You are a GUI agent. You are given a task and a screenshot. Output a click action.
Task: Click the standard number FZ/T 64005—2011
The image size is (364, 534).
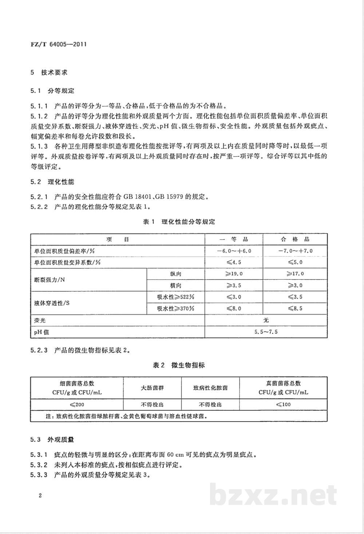click(59, 45)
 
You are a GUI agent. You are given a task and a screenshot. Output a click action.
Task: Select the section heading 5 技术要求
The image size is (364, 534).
click(49, 72)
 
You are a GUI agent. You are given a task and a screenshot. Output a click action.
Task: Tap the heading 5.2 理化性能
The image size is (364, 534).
click(52, 182)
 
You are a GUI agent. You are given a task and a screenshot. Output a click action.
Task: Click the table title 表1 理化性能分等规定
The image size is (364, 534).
click(179, 222)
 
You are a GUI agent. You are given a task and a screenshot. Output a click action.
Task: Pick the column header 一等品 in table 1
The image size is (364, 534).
click(234, 239)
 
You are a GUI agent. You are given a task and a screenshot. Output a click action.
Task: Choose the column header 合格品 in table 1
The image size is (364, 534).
click(295, 239)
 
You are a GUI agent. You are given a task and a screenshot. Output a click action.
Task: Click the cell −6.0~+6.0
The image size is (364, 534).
click(234, 251)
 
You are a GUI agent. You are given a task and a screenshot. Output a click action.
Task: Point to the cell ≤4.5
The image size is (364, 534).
click(234, 262)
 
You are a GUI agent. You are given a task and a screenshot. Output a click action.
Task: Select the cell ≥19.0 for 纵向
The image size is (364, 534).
click(234, 274)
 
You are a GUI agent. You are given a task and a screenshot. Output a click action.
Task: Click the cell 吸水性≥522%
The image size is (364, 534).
click(175, 297)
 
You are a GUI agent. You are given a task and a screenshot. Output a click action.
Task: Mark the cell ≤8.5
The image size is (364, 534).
click(295, 308)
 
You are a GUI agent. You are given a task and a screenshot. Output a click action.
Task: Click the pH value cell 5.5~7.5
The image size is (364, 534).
click(266, 332)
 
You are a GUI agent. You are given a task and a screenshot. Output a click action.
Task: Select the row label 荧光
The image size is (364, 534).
click(40, 320)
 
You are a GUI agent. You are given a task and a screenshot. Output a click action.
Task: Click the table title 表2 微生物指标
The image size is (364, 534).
click(179, 365)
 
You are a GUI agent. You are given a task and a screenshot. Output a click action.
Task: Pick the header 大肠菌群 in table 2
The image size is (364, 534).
click(152, 388)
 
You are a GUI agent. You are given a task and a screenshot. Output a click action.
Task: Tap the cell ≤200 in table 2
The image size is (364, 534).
click(77, 404)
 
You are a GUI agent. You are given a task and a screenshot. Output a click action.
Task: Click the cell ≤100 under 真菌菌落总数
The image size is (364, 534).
click(283, 404)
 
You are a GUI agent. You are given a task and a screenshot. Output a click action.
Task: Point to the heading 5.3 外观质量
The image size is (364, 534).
click(52, 440)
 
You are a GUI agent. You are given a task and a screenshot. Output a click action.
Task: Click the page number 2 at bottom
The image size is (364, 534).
click(40, 495)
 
